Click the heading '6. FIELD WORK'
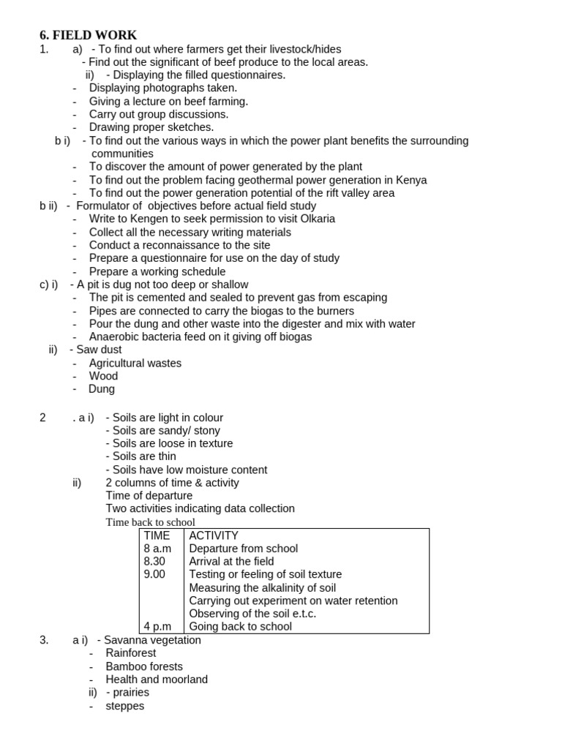point(88,35)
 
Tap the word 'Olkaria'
point(314,219)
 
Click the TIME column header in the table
point(157,535)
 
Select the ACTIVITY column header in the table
point(214,535)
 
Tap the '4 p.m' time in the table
point(158,626)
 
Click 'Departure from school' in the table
point(243,549)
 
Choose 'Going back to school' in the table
point(240,626)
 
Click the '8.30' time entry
point(154,561)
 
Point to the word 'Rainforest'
point(131,652)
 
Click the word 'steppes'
point(125,706)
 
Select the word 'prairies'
point(131,692)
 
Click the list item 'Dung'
point(102,389)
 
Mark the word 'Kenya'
point(412,180)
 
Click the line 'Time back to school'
point(151,522)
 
